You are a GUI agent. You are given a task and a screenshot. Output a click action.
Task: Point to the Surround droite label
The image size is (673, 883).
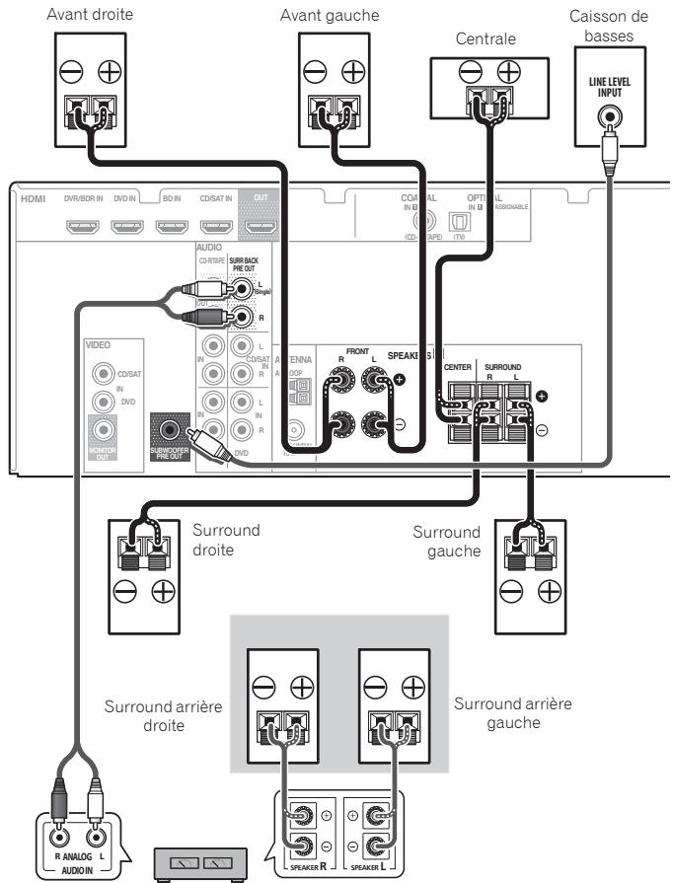229,538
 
